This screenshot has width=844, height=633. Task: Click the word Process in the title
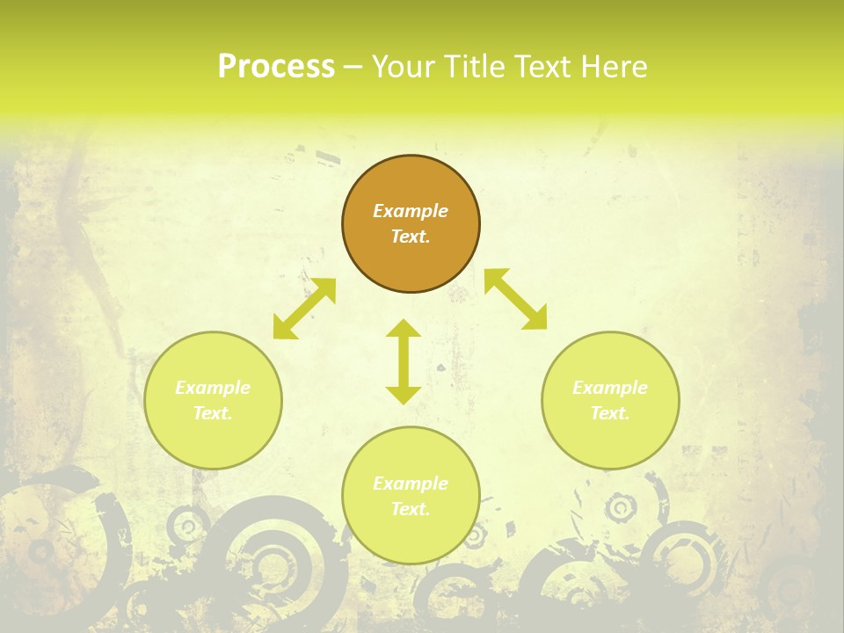click(276, 67)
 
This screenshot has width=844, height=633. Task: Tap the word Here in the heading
click(615, 67)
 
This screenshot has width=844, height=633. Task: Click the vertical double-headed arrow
click(404, 361)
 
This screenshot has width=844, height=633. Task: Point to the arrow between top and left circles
click(304, 309)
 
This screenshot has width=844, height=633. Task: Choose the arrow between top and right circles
click(515, 299)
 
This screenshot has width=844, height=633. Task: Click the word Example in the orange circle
click(411, 211)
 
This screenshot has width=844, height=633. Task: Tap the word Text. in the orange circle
click(411, 236)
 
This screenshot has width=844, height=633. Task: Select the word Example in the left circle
click(213, 388)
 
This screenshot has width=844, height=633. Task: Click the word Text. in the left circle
click(213, 413)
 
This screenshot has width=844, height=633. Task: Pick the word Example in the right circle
click(610, 388)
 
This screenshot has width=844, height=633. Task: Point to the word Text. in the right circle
click(610, 413)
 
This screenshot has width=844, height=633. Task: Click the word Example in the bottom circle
click(411, 484)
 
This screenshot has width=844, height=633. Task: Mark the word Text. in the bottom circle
click(411, 509)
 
